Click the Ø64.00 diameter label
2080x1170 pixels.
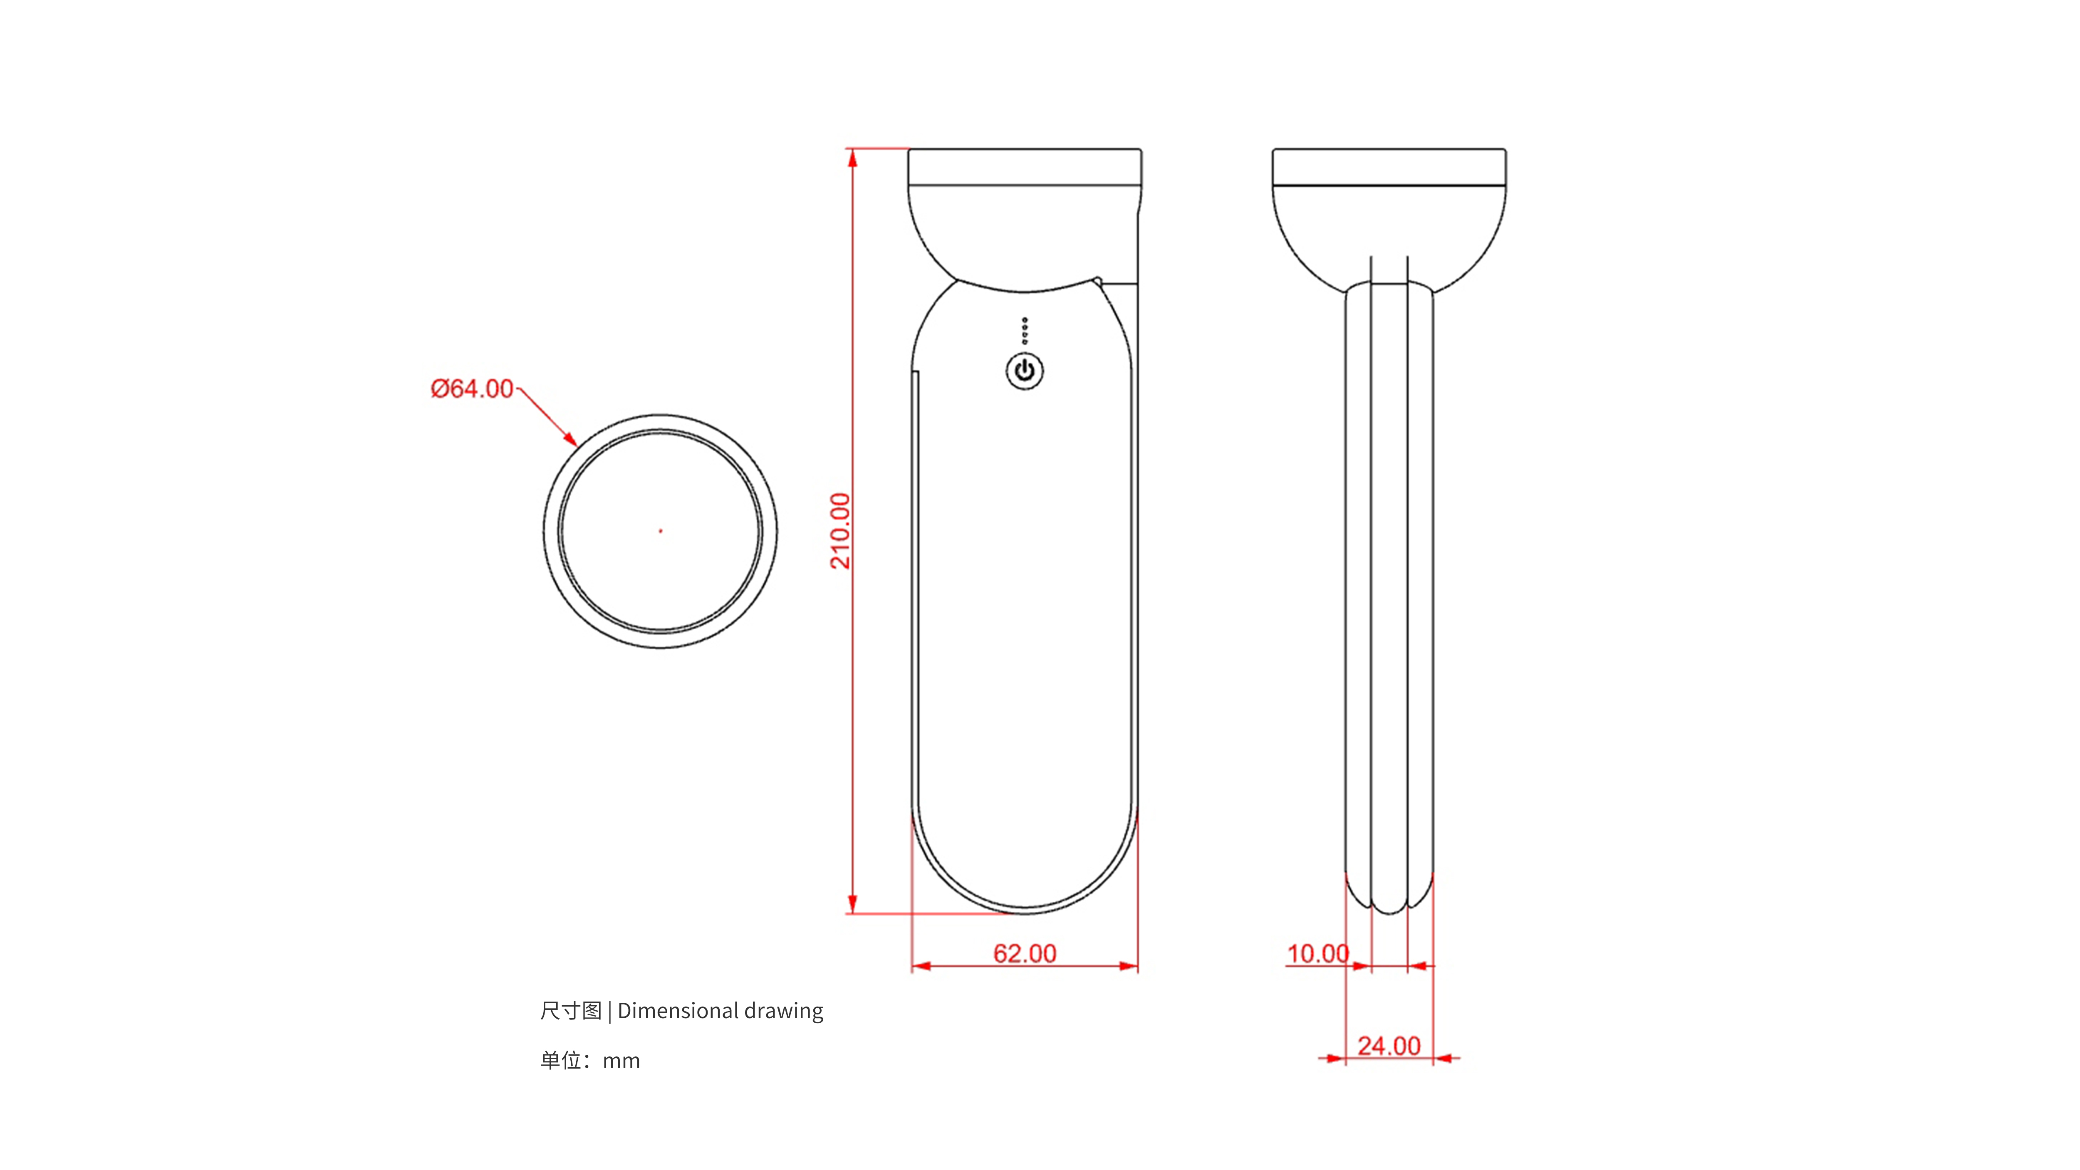pos(472,389)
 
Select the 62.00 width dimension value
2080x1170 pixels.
pos(1024,954)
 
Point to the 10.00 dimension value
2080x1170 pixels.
pos(1317,954)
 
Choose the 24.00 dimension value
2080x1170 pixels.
pos(1389,1046)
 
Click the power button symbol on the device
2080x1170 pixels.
pos(1025,371)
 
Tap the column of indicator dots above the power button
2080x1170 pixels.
pos(1025,330)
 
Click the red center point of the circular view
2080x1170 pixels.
pos(661,530)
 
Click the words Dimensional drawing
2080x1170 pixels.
pos(720,1011)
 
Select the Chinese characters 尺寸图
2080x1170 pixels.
pos(571,1011)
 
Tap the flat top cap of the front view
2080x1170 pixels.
pos(1025,166)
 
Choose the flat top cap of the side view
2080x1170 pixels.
pos(1389,166)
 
